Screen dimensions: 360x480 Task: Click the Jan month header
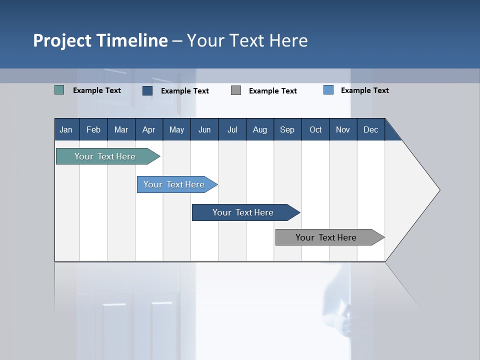pos(66,129)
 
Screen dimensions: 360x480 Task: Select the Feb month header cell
pos(93,129)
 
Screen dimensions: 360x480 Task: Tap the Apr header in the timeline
pos(148,129)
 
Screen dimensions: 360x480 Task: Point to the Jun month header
pos(204,129)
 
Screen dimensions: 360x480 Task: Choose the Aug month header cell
pos(259,129)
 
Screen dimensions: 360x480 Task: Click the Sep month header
pos(287,129)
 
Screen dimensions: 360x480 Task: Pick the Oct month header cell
pos(315,129)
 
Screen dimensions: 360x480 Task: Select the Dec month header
pos(370,129)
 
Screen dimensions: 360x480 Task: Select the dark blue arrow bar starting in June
pos(243,212)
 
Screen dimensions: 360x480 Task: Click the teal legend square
pos(59,90)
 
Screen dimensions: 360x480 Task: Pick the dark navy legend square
pos(147,90)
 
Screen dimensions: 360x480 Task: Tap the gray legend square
pos(236,90)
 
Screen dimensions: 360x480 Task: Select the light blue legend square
pos(328,90)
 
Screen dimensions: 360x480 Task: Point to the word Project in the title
pos(62,40)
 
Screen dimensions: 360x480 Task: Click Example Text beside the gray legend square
pos(273,91)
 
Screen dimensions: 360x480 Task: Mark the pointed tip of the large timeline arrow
pos(439,190)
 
